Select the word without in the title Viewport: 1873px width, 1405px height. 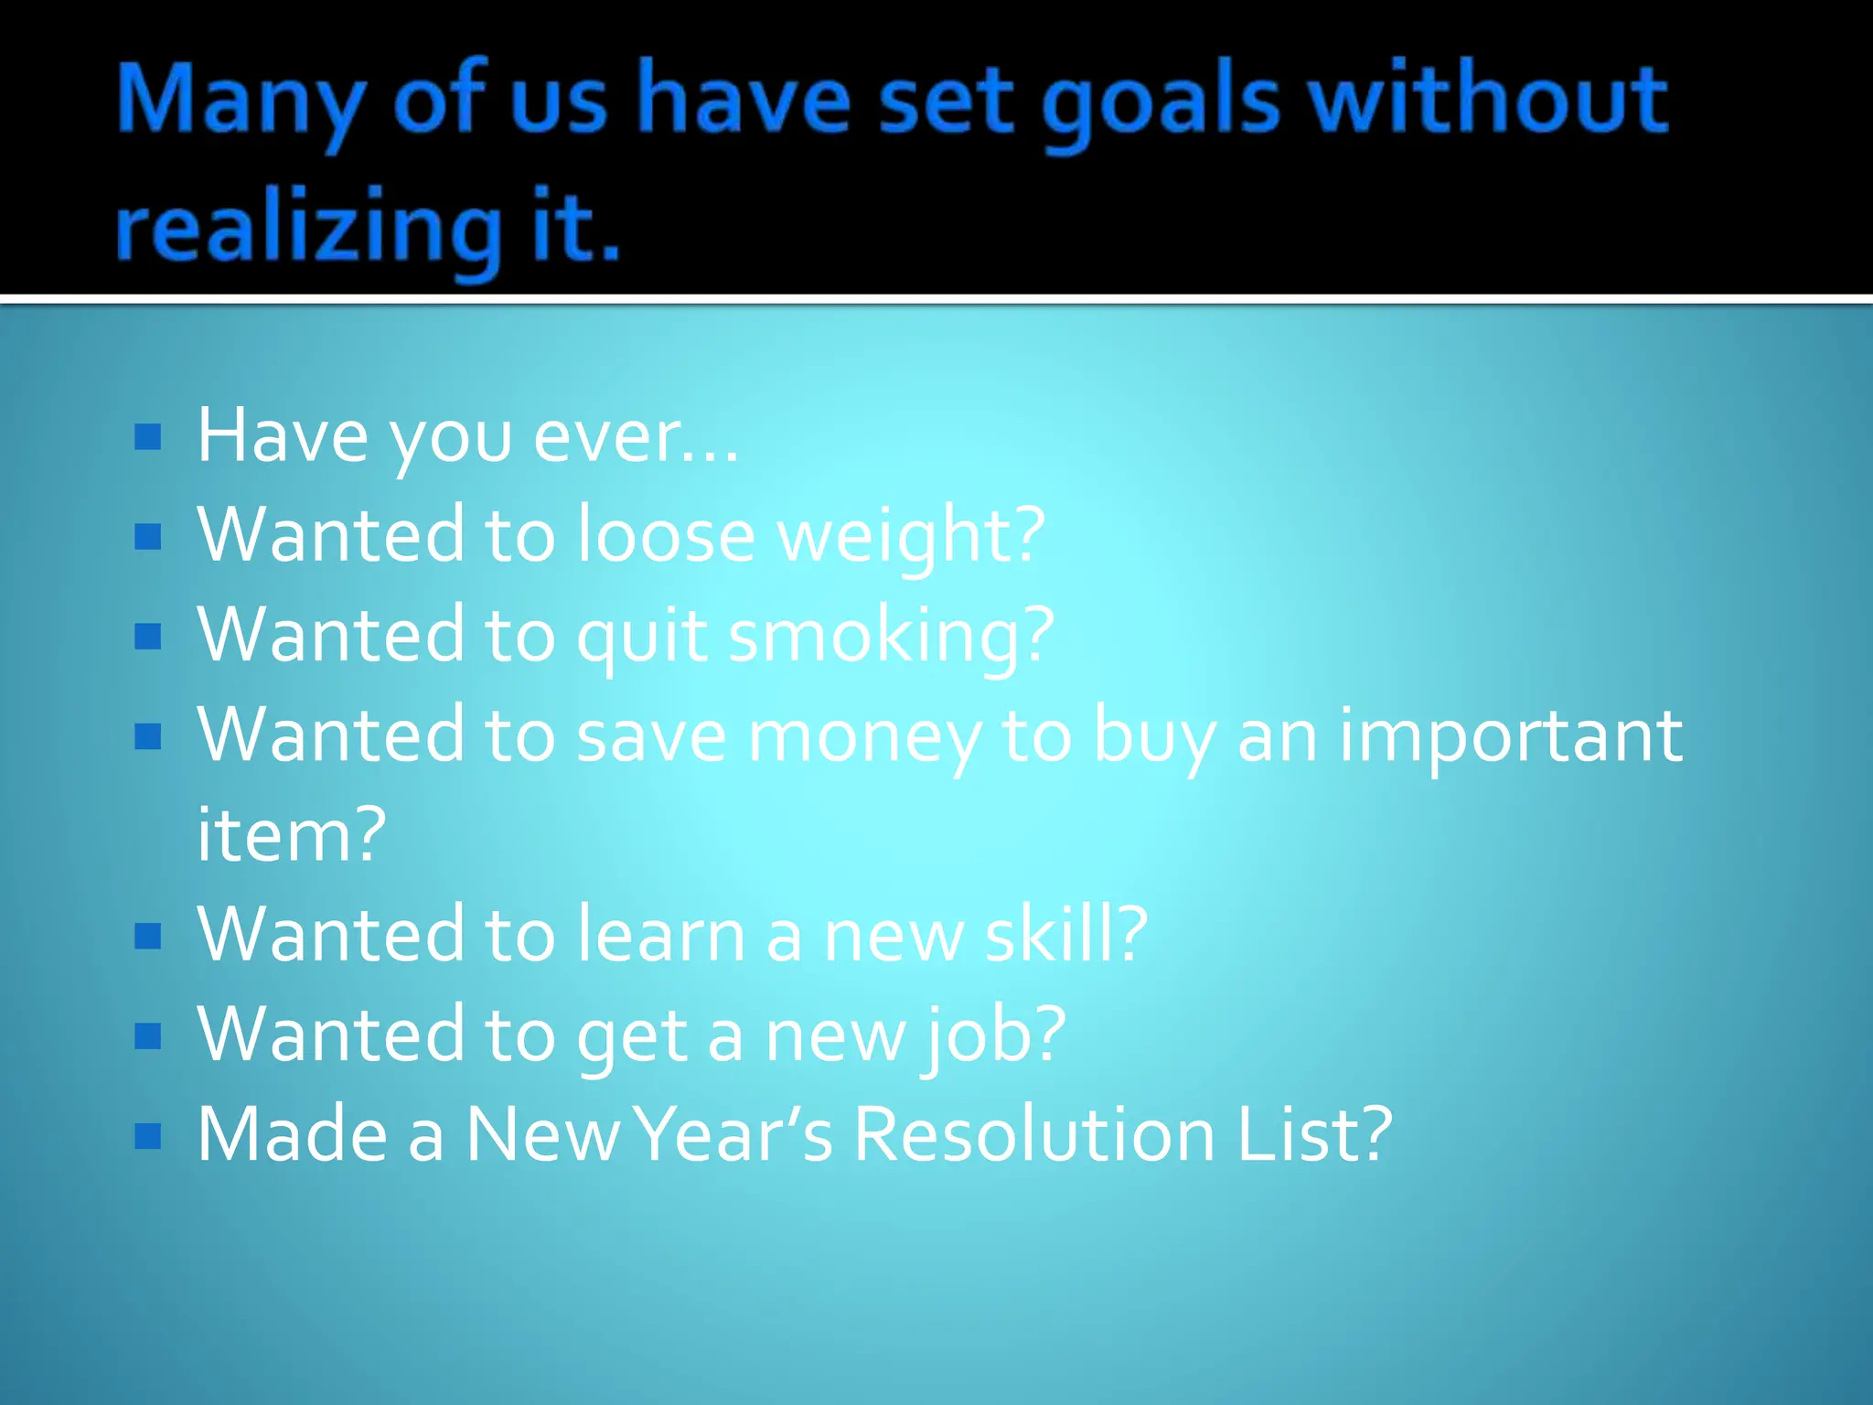(1488, 98)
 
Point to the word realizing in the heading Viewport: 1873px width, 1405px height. (309, 229)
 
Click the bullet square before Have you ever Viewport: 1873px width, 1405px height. (147, 437)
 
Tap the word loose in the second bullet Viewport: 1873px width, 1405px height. (665, 534)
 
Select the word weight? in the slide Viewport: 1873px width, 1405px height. (911, 536)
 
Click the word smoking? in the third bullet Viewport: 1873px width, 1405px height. (891, 636)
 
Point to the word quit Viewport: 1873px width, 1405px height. (641, 636)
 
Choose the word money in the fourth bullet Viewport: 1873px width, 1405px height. (864, 737)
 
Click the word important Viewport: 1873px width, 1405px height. (1510, 735)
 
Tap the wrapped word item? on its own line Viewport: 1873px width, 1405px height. (292, 834)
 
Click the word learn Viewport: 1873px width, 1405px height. (661, 934)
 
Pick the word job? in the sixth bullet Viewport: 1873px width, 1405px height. (993, 1035)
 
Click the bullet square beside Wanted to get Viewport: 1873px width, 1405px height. (147, 1035)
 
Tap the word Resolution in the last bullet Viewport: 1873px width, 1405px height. (1034, 1134)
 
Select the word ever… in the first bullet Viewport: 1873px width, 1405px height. (636, 437)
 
